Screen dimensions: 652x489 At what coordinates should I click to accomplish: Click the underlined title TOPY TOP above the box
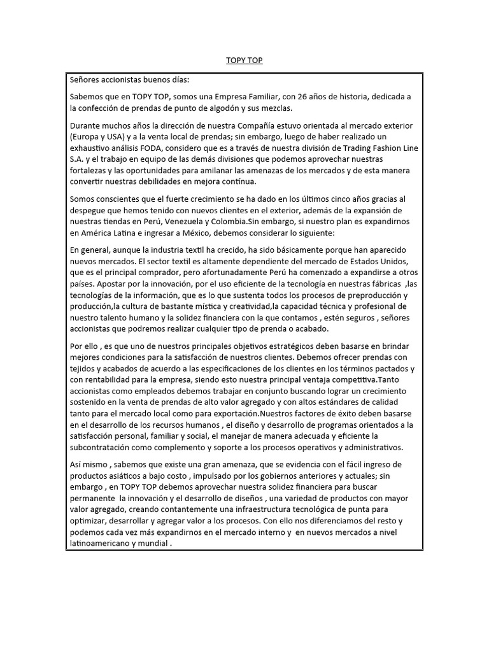[x=244, y=60]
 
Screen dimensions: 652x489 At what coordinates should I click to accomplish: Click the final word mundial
[x=154, y=545]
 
